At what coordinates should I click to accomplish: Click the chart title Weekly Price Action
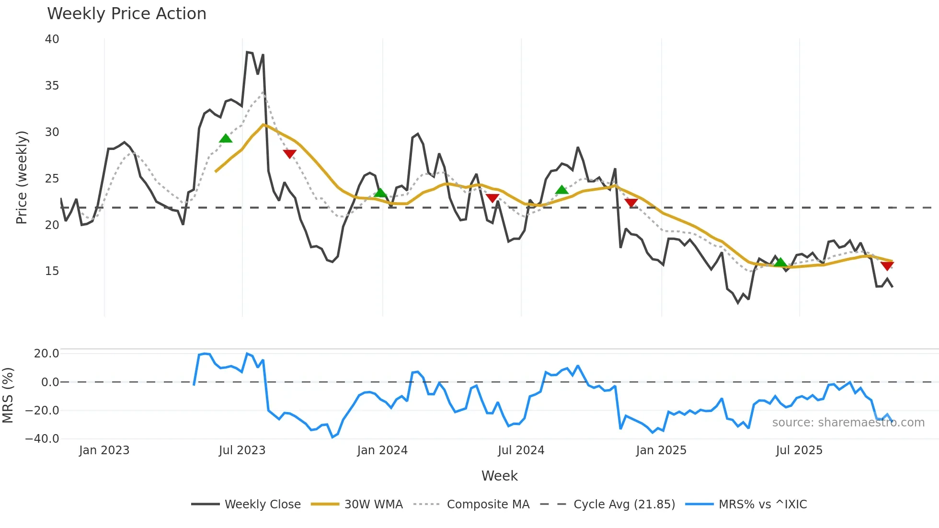point(126,14)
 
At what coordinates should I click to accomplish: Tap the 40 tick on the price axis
point(52,39)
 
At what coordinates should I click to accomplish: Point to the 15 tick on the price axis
point(52,271)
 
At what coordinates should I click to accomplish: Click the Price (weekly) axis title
point(22,177)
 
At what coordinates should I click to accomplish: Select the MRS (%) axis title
point(8,395)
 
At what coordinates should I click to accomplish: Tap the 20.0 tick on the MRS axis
point(46,354)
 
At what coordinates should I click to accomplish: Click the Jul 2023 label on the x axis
point(242,450)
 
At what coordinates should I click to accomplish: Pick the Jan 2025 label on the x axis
point(661,450)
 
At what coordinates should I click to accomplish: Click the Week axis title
point(499,476)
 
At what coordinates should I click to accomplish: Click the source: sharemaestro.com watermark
point(848,423)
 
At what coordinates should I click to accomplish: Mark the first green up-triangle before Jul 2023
point(226,139)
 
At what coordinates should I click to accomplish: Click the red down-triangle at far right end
point(887,266)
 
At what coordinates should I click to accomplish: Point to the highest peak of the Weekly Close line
point(247,52)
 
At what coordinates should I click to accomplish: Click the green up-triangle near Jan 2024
point(380,193)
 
